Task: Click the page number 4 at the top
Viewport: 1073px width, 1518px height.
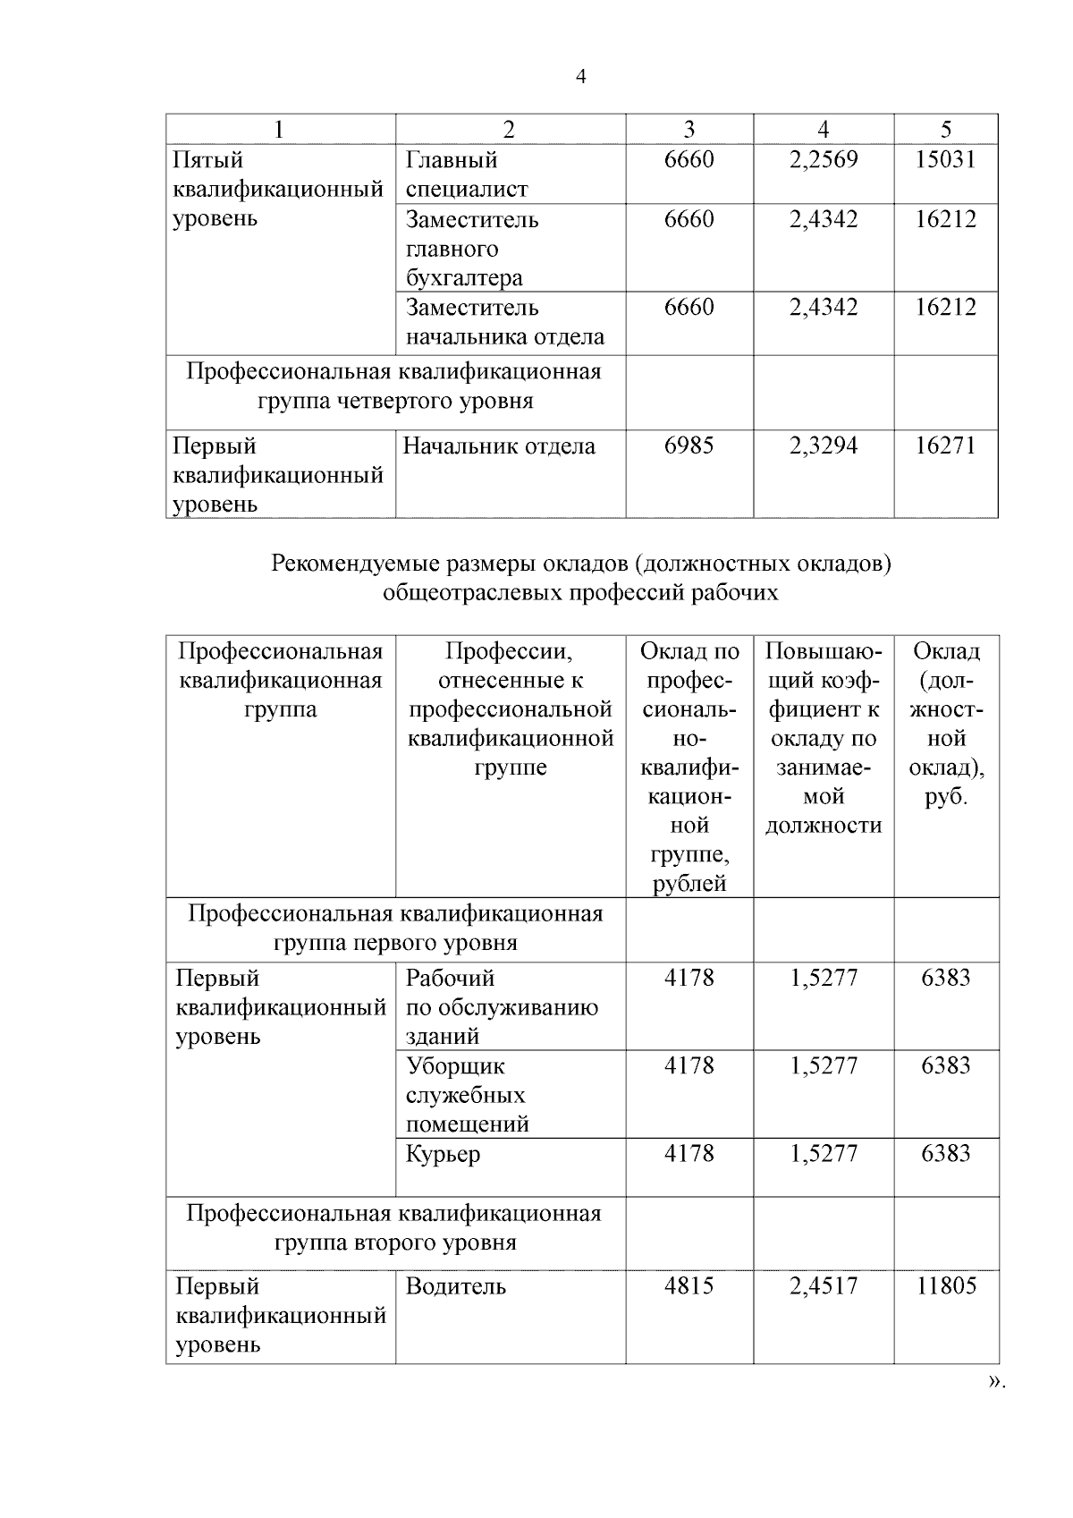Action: click(x=581, y=77)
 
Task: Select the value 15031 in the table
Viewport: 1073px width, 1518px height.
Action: click(x=945, y=160)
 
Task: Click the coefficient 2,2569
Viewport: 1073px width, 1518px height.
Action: click(x=823, y=160)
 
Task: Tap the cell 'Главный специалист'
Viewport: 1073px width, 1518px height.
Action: click(x=467, y=174)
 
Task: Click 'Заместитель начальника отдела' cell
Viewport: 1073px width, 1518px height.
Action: click(x=504, y=322)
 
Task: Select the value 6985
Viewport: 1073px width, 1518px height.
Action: click(x=689, y=445)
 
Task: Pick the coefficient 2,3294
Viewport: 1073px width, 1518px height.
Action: click(x=823, y=445)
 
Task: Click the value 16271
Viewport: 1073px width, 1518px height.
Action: click(x=945, y=445)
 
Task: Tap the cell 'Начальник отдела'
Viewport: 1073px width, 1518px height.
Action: click(x=499, y=446)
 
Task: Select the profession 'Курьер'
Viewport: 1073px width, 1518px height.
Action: click(x=443, y=1154)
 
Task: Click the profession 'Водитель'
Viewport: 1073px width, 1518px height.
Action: click(x=455, y=1286)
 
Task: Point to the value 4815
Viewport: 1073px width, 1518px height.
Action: click(x=689, y=1286)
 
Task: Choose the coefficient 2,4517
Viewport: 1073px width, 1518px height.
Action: click(x=823, y=1286)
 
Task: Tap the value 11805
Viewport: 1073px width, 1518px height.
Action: click(x=945, y=1286)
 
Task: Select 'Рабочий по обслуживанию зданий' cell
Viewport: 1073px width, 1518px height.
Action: click(x=501, y=1007)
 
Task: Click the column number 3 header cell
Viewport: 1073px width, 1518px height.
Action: click(x=689, y=129)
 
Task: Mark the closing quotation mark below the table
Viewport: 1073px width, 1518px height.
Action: click(x=994, y=1407)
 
